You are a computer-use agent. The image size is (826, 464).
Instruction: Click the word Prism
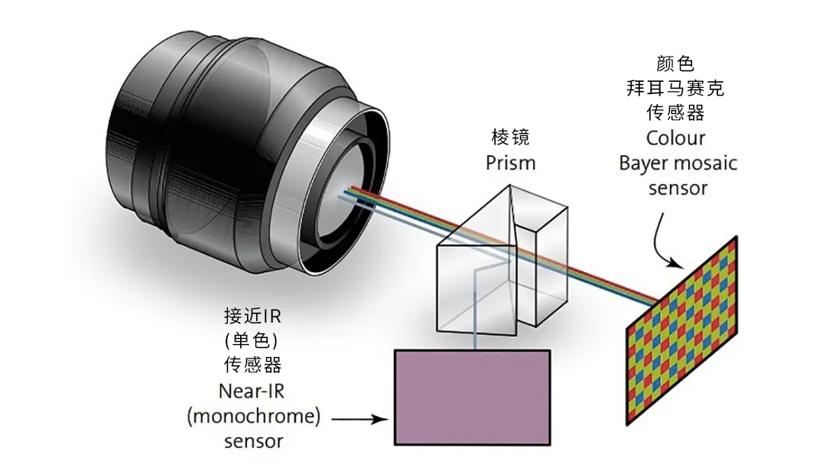pyautogui.click(x=511, y=163)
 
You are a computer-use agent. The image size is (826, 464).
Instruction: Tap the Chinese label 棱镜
pyautogui.click(x=510, y=138)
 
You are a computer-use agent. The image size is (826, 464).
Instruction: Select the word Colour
pyautogui.click(x=675, y=138)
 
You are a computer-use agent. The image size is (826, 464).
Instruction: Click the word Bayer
pyautogui.click(x=642, y=163)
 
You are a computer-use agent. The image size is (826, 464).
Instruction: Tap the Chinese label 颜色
pyautogui.click(x=675, y=63)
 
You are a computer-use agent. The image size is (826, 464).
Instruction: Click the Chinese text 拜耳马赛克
pyautogui.click(x=675, y=88)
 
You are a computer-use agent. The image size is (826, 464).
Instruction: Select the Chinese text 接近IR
pyautogui.click(x=252, y=316)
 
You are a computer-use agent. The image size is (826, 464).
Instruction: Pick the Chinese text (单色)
pyautogui.click(x=252, y=340)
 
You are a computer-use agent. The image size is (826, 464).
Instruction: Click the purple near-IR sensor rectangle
pyautogui.click(x=472, y=397)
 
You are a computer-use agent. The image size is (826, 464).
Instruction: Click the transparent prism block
pyautogui.click(x=501, y=264)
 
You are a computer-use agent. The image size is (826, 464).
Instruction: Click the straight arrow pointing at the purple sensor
pyautogui.click(x=359, y=418)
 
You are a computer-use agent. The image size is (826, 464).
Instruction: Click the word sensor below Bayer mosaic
pyautogui.click(x=675, y=188)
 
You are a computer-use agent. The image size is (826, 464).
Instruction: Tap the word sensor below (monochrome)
pyautogui.click(x=253, y=441)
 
